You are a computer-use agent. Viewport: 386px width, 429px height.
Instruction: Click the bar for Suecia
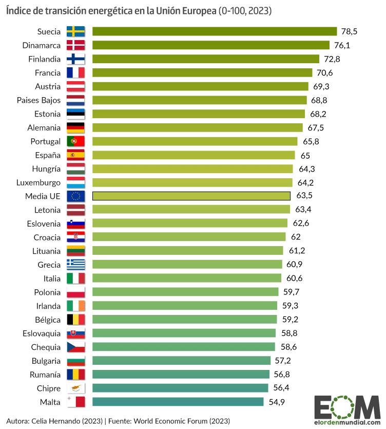pyautogui.click(x=215, y=31)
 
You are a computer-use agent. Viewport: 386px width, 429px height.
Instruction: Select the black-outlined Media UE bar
pyautogui.click(x=191, y=196)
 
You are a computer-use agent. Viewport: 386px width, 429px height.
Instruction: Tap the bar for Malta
pyautogui.click(x=178, y=402)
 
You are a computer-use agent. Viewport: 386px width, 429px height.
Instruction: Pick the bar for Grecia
pyautogui.click(x=187, y=265)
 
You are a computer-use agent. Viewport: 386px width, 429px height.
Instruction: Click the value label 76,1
pyautogui.click(x=341, y=45)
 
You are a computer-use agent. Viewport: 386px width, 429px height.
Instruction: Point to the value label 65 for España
pyautogui.click(x=305, y=155)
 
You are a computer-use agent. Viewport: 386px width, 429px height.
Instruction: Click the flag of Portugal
pyautogui.click(x=76, y=141)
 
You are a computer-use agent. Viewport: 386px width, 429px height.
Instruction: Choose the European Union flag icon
pyautogui.click(x=76, y=196)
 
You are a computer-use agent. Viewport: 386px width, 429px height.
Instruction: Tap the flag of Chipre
pyautogui.click(x=76, y=388)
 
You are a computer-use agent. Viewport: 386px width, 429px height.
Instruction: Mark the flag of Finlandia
pyautogui.click(x=76, y=59)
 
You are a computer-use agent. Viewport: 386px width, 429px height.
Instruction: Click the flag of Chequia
pyautogui.click(x=76, y=347)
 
